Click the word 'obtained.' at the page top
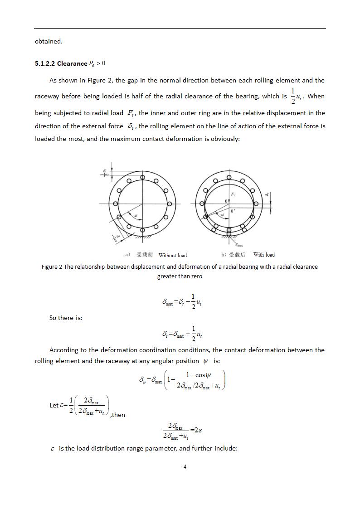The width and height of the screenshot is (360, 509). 49,41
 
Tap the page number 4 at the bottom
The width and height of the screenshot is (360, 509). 185,467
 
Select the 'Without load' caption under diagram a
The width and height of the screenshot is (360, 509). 172,255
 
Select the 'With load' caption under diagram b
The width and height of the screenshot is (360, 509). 264,255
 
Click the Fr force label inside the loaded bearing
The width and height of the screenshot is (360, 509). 233,194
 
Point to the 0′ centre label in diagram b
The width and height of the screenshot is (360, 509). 233,211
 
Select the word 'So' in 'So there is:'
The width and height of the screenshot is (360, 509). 54,318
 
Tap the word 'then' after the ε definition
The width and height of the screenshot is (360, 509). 118,415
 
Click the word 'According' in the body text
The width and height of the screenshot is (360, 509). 65,350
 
